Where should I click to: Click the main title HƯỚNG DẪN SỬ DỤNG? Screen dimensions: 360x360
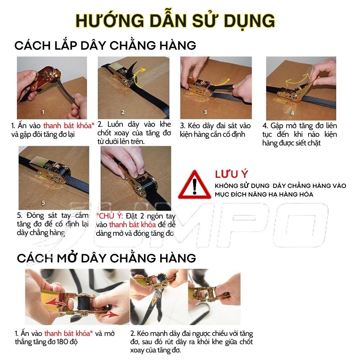175,21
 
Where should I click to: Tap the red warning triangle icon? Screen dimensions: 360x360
195,185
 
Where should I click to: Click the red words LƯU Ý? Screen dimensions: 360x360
231,174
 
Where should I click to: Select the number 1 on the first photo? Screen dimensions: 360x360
43,112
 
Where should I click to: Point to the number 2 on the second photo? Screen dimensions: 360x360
123,112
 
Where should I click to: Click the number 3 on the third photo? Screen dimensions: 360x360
205,112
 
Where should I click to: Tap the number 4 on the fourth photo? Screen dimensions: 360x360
292,113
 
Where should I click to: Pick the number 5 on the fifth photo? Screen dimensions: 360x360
44,203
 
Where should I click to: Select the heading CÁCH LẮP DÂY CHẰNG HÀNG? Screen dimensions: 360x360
105,45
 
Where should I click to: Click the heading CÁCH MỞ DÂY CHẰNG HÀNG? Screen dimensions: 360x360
107,258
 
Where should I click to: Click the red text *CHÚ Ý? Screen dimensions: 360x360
109,216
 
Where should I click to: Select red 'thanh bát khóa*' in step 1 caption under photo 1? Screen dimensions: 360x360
69,126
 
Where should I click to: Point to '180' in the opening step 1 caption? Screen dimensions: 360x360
62,342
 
